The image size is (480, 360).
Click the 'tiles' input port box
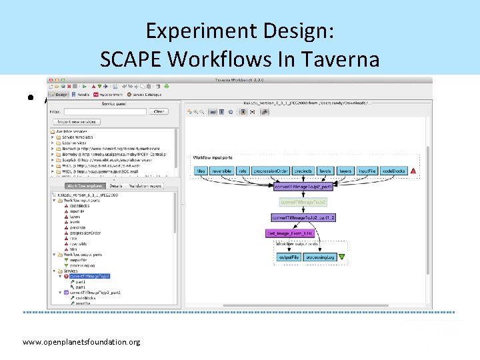(201, 171)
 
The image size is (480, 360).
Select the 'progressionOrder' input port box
(271, 171)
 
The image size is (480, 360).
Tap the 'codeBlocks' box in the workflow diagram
(395, 171)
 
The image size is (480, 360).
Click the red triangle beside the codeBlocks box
(413, 171)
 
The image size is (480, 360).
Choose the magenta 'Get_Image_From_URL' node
(289, 233)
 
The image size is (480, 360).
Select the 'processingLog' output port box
(321, 257)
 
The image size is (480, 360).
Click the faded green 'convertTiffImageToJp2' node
(303, 201)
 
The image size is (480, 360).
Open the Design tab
(60, 94)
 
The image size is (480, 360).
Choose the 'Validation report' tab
(145, 186)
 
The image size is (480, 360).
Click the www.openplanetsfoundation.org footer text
(81, 342)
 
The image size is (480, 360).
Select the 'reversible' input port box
(221, 171)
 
